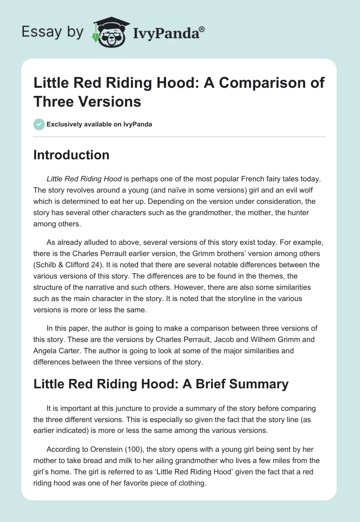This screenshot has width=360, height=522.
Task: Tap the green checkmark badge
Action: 39,124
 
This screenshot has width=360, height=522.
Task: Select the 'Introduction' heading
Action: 72,155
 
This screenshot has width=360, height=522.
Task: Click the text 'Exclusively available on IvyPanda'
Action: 99,124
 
